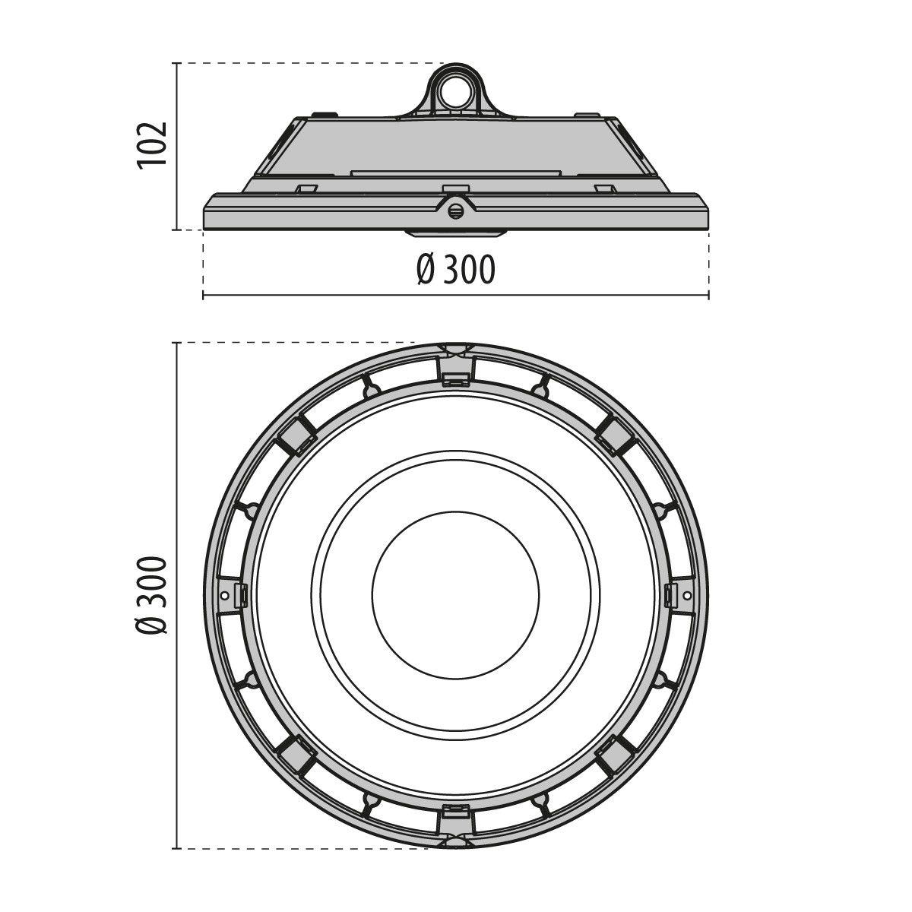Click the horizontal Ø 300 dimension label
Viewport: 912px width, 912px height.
click(x=456, y=270)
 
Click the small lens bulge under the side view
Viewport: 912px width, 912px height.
click(x=456, y=232)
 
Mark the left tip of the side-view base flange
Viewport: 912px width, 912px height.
click(x=206, y=220)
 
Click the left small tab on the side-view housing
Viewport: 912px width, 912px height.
click(x=306, y=187)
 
